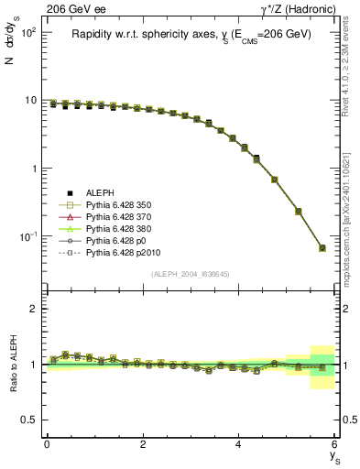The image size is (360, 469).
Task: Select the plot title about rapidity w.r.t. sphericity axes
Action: pyautogui.click(x=192, y=34)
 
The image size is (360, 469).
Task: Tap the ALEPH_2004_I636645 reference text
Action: pyautogui.click(x=191, y=274)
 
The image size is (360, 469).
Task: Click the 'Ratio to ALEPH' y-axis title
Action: pyautogui.click(x=13, y=364)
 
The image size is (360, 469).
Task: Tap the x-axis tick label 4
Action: pyautogui.click(x=238, y=444)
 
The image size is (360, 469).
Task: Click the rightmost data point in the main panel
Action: pyautogui.click(x=322, y=248)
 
